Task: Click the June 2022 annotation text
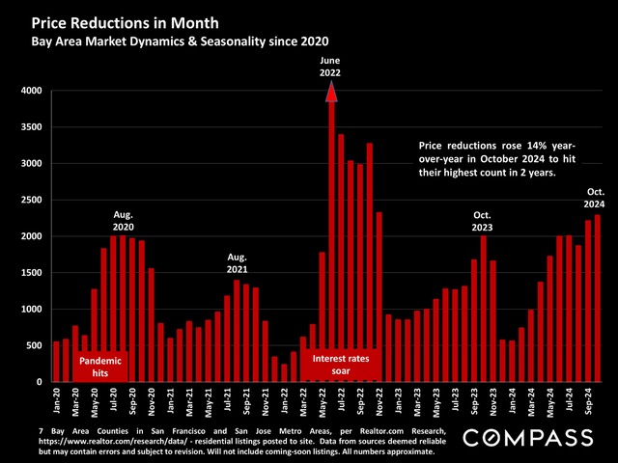click(x=331, y=66)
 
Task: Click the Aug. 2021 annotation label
click(x=238, y=263)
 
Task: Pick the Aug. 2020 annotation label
click(x=122, y=220)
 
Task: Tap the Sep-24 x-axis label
click(x=588, y=397)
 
